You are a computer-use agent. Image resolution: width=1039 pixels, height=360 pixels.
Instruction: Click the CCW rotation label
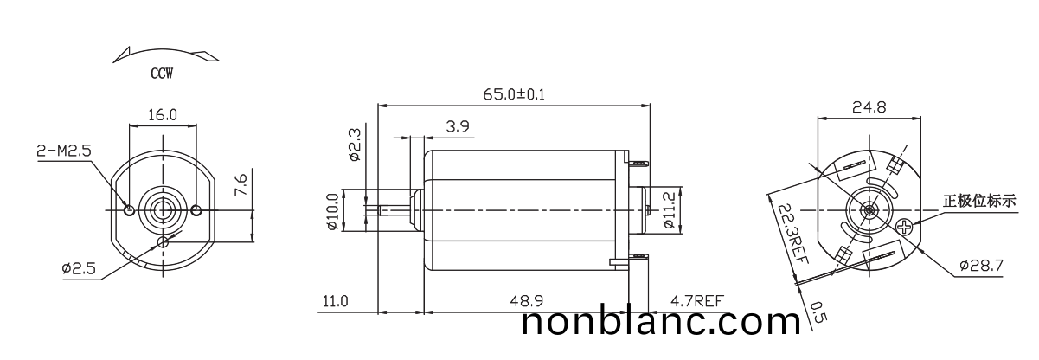161,74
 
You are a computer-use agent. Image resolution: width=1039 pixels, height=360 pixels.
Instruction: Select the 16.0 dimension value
162,114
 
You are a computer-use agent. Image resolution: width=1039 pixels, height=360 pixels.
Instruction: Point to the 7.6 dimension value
242,185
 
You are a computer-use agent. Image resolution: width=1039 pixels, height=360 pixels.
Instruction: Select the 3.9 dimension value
458,126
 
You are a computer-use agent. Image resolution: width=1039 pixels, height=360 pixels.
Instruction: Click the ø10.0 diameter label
331,212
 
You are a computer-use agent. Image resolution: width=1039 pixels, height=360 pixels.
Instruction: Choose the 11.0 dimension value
335,301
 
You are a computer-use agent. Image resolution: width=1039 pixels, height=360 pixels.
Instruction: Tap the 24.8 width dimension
869,108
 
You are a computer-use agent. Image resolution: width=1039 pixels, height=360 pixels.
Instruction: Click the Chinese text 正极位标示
979,202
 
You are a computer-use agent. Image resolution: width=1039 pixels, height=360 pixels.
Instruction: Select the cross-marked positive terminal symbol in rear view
904,228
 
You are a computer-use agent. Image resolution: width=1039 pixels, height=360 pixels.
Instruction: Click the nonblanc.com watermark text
662,324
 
